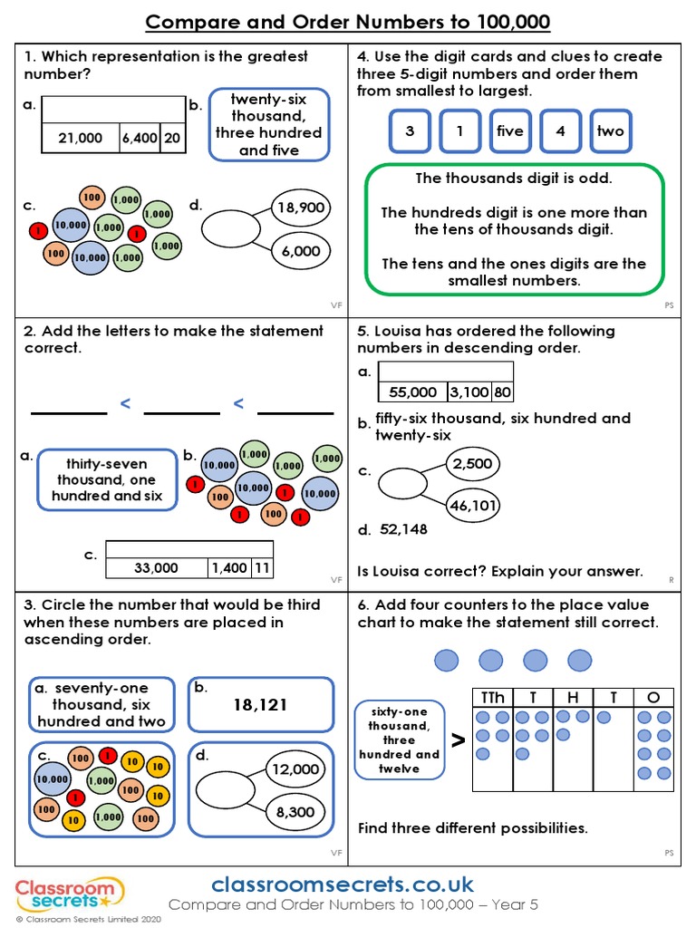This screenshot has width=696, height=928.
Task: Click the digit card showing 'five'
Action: (510, 131)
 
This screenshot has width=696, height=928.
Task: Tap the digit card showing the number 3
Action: (410, 131)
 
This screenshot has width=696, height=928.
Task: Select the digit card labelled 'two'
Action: (610, 131)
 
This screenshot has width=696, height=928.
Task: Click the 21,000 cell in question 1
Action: (80, 139)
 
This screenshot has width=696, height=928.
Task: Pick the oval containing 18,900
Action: (301, 208)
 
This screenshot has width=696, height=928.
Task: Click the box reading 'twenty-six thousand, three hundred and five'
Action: (269, 124)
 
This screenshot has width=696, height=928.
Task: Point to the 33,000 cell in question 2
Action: (156, 568)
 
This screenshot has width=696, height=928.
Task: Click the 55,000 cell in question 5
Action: (412, 392)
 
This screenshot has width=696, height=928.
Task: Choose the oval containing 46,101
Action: (472, 505)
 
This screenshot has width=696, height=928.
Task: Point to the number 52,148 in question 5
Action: (403, 529)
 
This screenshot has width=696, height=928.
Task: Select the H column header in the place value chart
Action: (573, 697)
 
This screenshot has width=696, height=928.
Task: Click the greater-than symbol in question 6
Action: (459, 740)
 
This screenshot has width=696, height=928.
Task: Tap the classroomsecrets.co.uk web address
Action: (342, 884)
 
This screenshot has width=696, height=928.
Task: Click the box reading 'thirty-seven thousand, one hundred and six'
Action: (107, 479)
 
